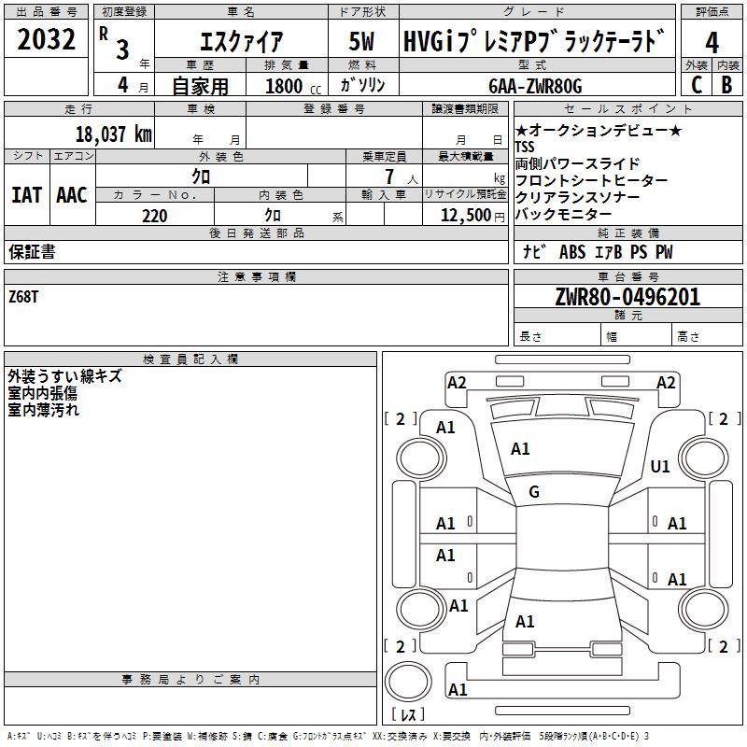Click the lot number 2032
[x=46, y=39]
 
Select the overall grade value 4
[x=712, y=43]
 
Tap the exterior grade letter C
[x=697, y=85]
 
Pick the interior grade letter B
[x=726, y=85]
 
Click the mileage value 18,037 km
[x=114, y=134]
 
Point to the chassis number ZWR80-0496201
[x=627, y=297]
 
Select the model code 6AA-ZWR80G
[x=535, y=86]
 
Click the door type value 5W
[x=361, y=41]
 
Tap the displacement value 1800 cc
[x=293, y=87]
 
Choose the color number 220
[x=155, y=216]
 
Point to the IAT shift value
[x=26, y=195]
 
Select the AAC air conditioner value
[x=72, y=195]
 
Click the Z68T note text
[x=23, y=297]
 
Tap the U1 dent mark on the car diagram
[x=660, y=466]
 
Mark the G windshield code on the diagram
[x=534, y=492]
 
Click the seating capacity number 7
[x=389, y=176]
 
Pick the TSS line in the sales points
[x=525, y=147]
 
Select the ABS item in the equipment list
[x=572, y=252]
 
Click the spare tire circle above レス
[x=408, y=682]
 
